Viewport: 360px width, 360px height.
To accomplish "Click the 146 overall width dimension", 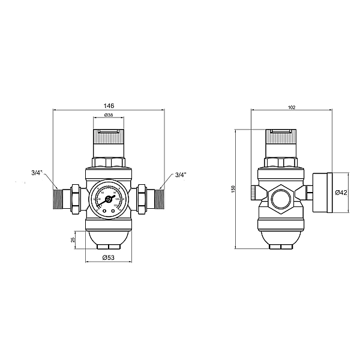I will [x=109, y=105].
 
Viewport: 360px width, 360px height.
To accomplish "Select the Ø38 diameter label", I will [x=109, y=115].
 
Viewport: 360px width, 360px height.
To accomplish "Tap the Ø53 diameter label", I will [x=109, y=257].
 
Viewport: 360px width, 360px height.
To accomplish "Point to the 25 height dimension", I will [x=73, y=239].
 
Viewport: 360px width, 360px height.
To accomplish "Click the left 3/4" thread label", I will [x=37, y=174].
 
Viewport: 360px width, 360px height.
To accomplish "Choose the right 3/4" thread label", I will [x=181, y=175].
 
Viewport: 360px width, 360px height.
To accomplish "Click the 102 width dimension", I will [x=292, y=107].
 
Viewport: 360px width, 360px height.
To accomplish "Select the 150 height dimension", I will [x=233, y=188].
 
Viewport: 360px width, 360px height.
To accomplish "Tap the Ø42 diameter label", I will [x=341, y=192].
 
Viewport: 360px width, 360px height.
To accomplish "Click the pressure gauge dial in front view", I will [x=109, y=200].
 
